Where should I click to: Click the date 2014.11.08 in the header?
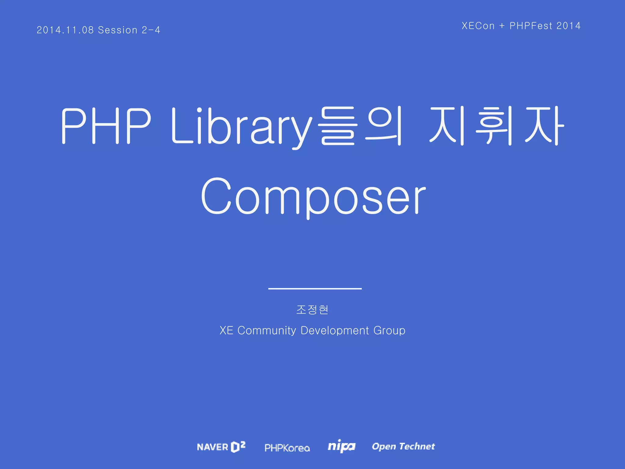tap(65, 30)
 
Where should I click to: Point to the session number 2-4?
tap(151, 30)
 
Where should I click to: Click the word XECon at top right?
tap(478, 26)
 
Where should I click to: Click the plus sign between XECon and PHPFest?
tap(502, 26)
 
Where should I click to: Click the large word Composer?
tap(313, 196)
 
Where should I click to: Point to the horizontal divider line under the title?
tap(315, 288)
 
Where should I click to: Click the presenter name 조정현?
tap(312, 310)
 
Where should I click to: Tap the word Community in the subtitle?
tap(267, 331)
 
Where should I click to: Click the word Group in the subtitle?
tap(389, 331)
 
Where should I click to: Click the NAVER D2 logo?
tap(221, 447)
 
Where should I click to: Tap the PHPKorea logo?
tap(287, 448)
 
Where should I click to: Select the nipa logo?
tap(341, 446)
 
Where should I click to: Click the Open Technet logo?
tap(403, 446)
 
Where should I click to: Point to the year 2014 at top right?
tap(568, 26)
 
